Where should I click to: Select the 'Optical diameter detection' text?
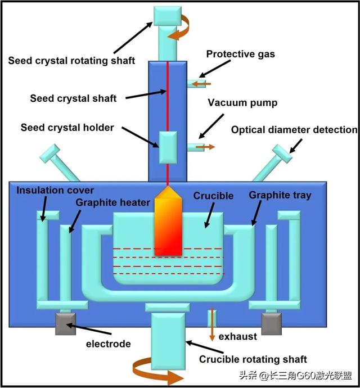pyautogui.click(x=294, y=130)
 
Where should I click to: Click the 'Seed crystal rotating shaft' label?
pyautogui.click(x=71, y=60)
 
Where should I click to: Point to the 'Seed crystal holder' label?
pyautogui.click(x=67, y=128)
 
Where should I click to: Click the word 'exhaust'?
pyautogui.click(x=238, y=336)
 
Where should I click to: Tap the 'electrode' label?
pyautogui.click(x=108, y=344)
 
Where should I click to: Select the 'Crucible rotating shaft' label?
pyautogui.click(x=253, y=359)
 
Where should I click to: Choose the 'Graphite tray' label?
pyautogui.click(x=280, y=196)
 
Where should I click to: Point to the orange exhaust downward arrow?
pyautogui.click(x=211, y=324)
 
